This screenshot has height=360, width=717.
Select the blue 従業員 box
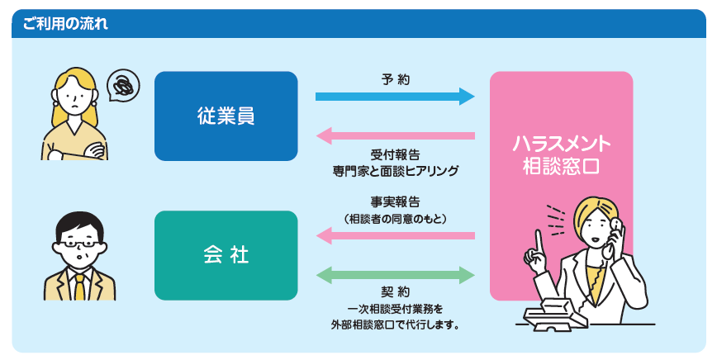click(226, 116)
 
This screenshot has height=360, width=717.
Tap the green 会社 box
click(226, 255)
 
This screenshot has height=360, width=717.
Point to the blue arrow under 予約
click(395, 97)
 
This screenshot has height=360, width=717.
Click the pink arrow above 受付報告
click(395, 135)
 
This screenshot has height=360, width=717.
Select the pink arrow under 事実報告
click(395, 237)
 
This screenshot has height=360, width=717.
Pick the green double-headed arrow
click(395, 274)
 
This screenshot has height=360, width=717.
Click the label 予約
click(395, 80)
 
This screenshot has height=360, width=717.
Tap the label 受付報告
click(395, 154)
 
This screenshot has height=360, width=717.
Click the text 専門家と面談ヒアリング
click(395, 171)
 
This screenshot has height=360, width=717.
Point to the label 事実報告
click(395, 202)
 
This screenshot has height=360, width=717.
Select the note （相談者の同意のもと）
click(395, 219)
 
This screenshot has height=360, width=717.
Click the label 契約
click(395, 292)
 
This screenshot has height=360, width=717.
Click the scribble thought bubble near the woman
click(123, 83)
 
